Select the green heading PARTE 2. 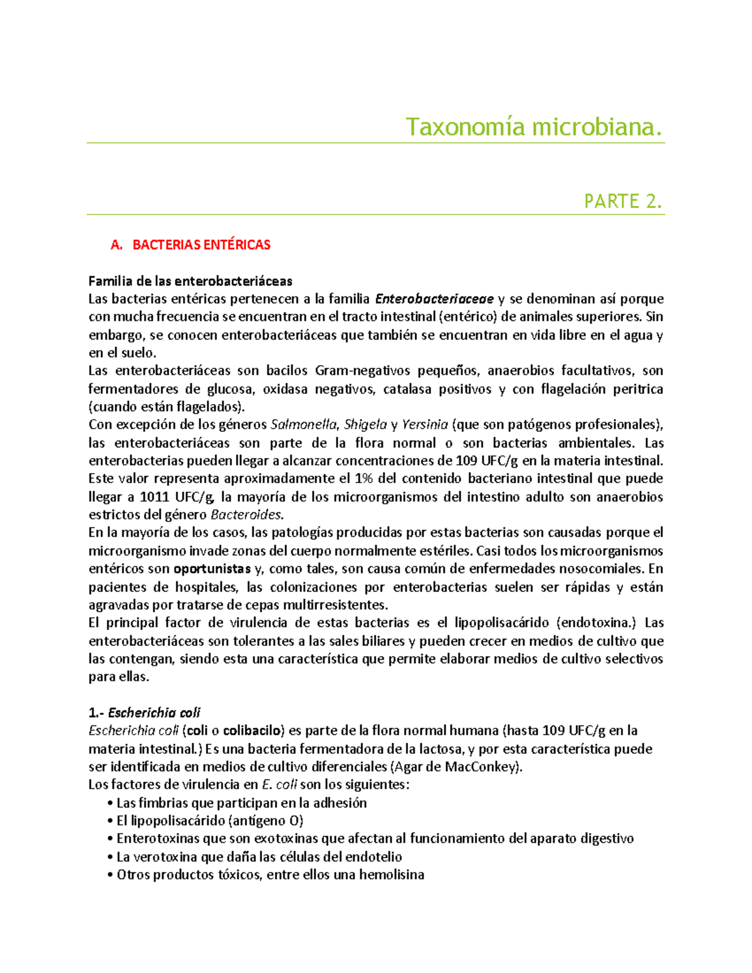[x=623, y=201]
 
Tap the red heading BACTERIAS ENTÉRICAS [x=201, y=245]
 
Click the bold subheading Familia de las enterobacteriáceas [x=191, y=281]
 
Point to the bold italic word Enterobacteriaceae [x=434, y=299]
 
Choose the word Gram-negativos [x=362, y=371]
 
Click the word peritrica [x=638, y=389]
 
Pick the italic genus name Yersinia [x=424, y=425]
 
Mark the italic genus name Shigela [x=365, y=425]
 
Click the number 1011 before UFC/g [x=153, y=497]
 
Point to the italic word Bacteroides [x=246, y=515]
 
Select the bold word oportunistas [x=212, y=569]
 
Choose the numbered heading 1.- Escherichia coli [x=145, y=713]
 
